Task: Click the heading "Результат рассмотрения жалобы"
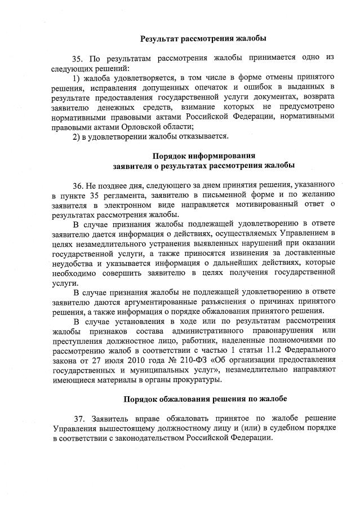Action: tap(203, 39)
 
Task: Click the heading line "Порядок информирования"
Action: tap(203, 156)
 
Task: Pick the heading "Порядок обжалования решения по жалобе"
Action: tap(205, 399)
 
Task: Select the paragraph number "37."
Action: tap(81, 419)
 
